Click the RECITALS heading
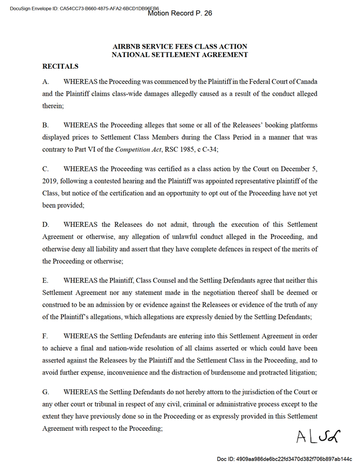click(x=60, y=66)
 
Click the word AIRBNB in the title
click(x=130, y=46)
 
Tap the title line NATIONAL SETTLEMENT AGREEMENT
click(x=180, y=55)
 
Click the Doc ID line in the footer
click(x=284, y=459)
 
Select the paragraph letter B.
click(x=46, y=125)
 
